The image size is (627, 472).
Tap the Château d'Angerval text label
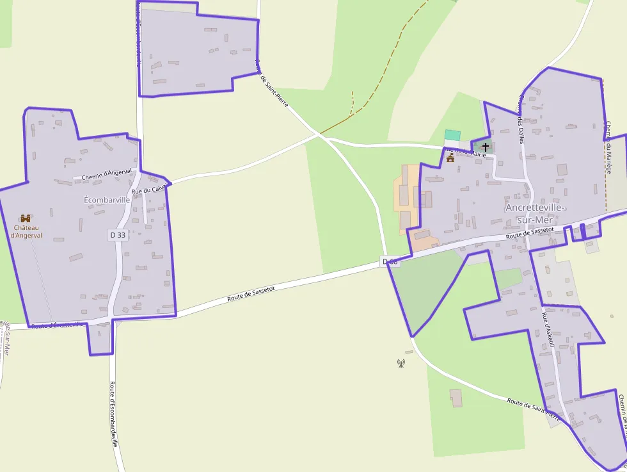(x=26, y=231)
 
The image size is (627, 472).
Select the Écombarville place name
(x=107, y=200)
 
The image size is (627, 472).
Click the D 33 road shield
(x=117, y=235)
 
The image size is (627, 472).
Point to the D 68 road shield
(x=390, y=261)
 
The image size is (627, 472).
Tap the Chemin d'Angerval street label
(x=107, y=174)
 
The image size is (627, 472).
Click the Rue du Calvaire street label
(x=148, y=190)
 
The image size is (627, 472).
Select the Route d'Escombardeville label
(x=114, y=414)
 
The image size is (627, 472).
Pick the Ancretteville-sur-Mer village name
(x=535, y=214)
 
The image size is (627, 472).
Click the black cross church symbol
(x=486, y=147)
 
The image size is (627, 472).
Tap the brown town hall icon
(x=450, y=158)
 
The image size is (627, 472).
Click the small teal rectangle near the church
(x=452, y=134)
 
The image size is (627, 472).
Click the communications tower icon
(x=401, y=363)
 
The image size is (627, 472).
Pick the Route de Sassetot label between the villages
(x=251, y=294)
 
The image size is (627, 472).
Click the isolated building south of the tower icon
(x=456, y=397)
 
